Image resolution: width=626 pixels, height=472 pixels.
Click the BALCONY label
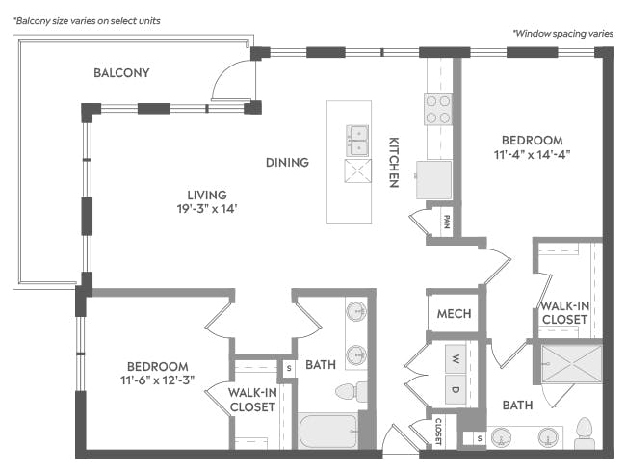click(121, 72)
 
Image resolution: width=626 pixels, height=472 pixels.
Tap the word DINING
click(287, 162)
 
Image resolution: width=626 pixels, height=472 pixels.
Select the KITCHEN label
click(394, 162)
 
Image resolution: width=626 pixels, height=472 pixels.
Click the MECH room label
click(454, 314)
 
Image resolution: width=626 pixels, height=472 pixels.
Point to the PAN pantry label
click(447, 222)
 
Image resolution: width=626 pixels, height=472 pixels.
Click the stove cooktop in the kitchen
click(438, 109)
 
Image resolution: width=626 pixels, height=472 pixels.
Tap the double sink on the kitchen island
click(357, 141)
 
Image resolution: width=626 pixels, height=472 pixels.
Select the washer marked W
click(456, 358)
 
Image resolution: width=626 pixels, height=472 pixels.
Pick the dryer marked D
click(456, 390)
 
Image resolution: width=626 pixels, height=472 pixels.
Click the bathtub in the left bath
click(327, 431)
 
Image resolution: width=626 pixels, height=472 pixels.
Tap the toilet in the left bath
click(352, 392)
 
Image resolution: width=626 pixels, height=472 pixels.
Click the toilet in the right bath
click(584, 433)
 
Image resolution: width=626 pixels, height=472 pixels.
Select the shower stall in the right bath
click(572, 364)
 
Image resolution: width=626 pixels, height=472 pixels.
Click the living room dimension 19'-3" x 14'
click(207, 208)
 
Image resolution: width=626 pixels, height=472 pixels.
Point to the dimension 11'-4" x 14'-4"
click(533, 154)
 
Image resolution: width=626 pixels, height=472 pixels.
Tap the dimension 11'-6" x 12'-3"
click(158, 380)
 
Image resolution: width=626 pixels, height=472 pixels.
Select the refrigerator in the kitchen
click(434, 180)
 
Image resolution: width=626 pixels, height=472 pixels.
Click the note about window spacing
click(563, 33)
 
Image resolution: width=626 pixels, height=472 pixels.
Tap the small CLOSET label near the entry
click(438, 432)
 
